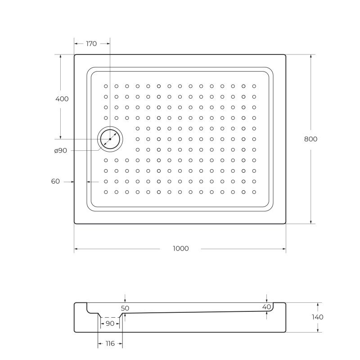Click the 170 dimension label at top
91,44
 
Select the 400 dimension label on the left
62,99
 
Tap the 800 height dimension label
310,139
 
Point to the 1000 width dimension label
181,248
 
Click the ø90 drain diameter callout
61,151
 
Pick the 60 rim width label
55,181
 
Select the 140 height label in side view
318,317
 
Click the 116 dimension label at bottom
110,343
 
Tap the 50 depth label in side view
125,308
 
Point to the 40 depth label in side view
266,307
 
